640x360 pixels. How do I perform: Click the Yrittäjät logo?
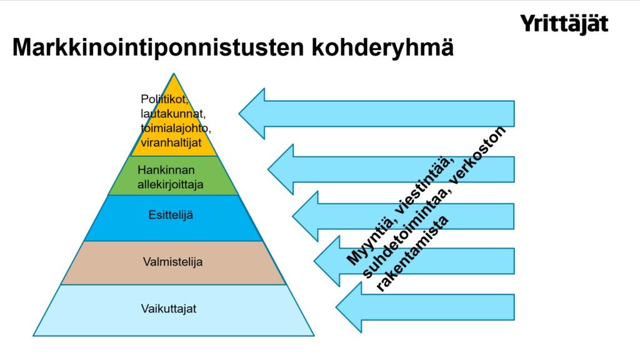564,24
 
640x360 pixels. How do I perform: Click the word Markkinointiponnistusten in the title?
158,47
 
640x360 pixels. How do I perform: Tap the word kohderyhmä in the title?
382,47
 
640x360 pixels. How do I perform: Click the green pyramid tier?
173,176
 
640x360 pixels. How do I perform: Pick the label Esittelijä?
170,215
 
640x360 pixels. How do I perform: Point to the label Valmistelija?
172,262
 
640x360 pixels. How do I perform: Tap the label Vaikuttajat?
169,309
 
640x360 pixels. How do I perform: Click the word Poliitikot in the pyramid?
164,99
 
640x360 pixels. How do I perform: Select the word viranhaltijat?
171,143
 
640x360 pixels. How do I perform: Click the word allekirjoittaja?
170,185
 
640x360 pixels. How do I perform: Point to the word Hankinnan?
166,170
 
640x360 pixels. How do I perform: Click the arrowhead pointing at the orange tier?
252,114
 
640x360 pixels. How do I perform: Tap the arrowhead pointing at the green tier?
281,169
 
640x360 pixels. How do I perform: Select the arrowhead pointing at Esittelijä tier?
305,216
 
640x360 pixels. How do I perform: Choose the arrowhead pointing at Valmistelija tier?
327,261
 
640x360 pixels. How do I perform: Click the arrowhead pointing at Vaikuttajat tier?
349,307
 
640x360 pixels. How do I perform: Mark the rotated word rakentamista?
412,254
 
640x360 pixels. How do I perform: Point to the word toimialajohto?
176,128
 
